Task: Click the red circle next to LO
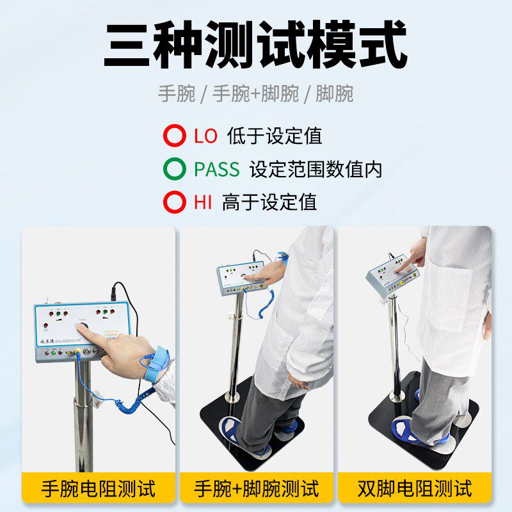click(174, 136)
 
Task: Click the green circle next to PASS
click(174, 170)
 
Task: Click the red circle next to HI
click(174, 203)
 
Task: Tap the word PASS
click(217, 170)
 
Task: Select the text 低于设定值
click(274, 136)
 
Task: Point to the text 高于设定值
click(269, 203)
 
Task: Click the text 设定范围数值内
click(316, 170)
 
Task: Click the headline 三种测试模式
click(255, 45)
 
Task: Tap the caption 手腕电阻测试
click(99, 489)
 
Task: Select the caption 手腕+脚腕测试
click(256, 489)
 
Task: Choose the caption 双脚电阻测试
click(414, 489)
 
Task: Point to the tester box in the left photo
click(70, 326)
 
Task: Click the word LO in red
click(205, 136)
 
